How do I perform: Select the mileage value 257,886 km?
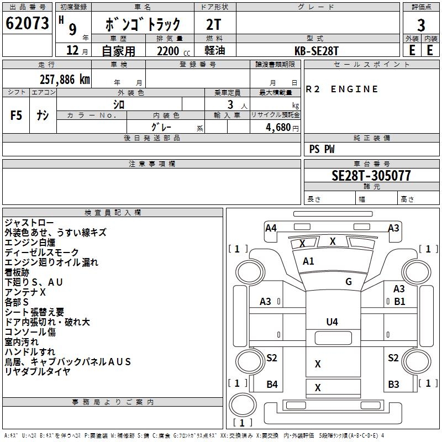pos(64,80)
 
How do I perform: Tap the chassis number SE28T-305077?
pos(371,176)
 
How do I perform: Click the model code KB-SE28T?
pos(317,51)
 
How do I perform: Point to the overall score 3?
pos(421,25)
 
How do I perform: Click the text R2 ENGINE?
pos(342,89)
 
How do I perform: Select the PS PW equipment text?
pos(322,149)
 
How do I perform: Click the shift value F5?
pos(17,115)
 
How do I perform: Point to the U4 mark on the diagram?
pos(332,322)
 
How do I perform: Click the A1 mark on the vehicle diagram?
pos(308,261)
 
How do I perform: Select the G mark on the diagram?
pos(349,282)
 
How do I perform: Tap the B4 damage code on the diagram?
pos(272,385)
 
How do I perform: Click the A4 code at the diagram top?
pos(271,228)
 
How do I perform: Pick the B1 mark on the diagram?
pos(399,301)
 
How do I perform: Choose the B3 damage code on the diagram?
pos(393,385)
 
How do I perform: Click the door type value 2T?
pos(214,25)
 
